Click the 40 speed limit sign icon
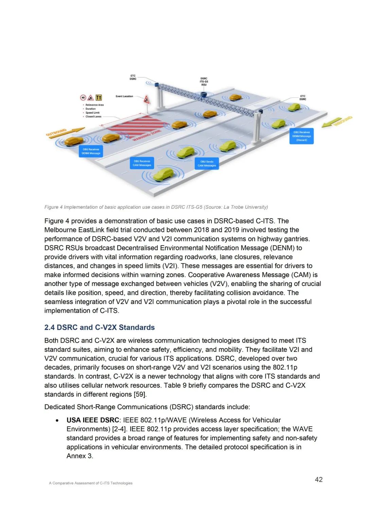pos(83,98)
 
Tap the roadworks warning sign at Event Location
pos(146,100)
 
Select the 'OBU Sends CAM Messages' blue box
pos(207,164)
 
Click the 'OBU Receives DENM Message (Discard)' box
pos(301,136)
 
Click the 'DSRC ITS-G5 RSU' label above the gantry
pos(204,82)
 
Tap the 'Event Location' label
pos(124,97)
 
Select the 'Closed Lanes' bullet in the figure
pos(93,117)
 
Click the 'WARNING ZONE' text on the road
pos(147,135)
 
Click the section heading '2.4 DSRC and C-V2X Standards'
pos(100,327)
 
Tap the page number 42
pos(319,480)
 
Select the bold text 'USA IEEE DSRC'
pos(93,420)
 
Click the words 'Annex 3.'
pos(80,456)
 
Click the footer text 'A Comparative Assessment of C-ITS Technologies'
pos(91,483)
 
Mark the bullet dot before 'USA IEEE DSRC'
pos(57,420)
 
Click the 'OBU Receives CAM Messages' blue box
pos(142,163)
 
